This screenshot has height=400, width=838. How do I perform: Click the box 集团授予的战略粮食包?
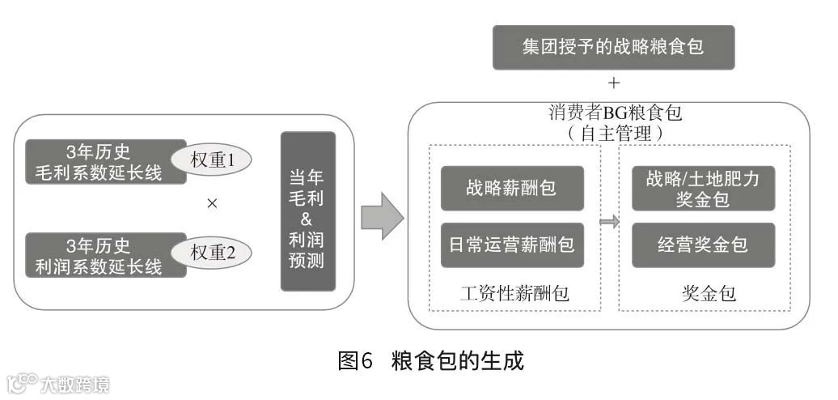click(613, 46)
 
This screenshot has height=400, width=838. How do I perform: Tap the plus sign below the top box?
click(614, 83)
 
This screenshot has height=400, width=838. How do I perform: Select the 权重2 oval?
click(212, 253)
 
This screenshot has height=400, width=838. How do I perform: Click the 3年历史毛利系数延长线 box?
click(105, 161)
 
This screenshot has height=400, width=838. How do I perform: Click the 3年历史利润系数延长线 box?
click(105, 254)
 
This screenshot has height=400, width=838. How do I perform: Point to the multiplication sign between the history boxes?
click(212, 204)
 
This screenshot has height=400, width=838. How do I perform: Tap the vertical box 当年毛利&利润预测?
click(307, 211)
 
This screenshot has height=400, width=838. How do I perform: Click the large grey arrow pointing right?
click(381, 215)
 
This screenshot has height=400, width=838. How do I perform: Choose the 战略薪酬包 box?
click(511, 189)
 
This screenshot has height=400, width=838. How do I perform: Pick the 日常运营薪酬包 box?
click(511, 245)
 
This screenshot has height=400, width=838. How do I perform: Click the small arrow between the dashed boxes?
click(609, 221)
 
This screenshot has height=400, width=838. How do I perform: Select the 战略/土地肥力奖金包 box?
click(703, 189)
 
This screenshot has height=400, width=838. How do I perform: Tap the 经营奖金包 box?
click(703, 245)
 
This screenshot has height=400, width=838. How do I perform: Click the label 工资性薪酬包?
click(514, 293)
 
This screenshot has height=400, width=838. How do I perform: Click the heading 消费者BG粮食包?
click(615, 113)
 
